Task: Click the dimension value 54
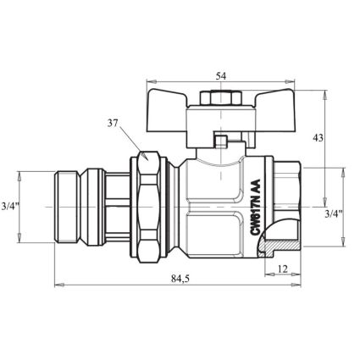[221, 76]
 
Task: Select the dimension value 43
[318, 138]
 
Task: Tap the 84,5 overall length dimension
[180, 279]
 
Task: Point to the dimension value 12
[283, 269]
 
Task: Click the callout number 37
[113, 123]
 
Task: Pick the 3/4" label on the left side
[10, 207]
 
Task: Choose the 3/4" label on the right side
[334, 213]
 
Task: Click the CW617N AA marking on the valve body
[255, 207]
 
